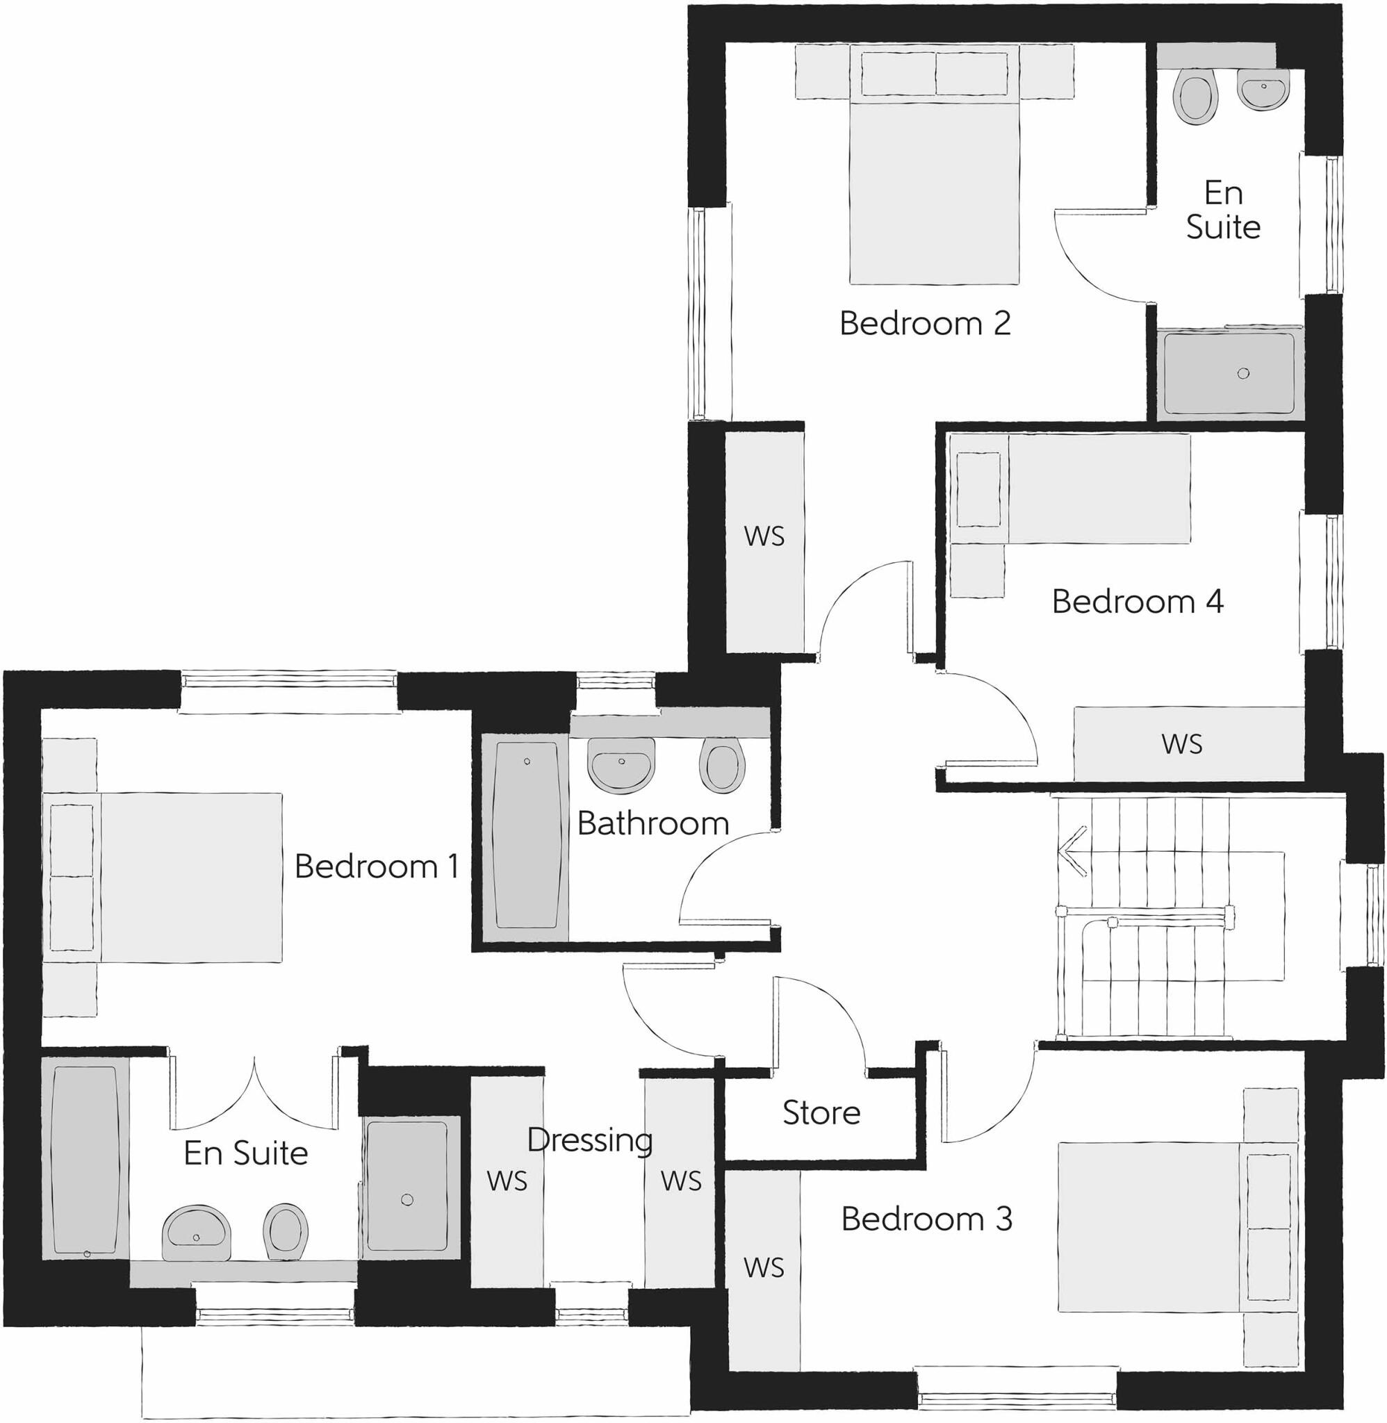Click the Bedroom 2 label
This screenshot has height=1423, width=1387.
[924, 323]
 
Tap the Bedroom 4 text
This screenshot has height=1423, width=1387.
[1137, 602]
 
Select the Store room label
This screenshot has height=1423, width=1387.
[821, 1113]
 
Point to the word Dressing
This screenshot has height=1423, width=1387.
[589, 1140]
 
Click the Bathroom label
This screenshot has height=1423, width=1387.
[653, 823]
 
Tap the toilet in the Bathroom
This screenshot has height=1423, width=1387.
[722, 768]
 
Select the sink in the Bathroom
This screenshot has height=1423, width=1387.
[621, 766]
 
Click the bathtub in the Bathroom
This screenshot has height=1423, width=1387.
[527, 834]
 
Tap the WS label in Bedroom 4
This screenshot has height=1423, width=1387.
[1181, 744]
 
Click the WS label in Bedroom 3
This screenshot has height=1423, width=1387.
[764, 1268]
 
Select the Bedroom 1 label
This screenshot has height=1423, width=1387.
[377, 866]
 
